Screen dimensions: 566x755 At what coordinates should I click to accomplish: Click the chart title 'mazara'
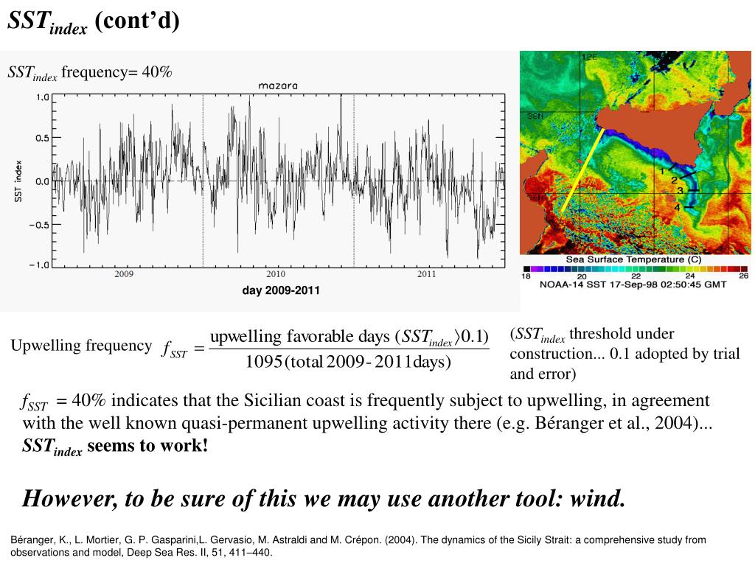[278, 86]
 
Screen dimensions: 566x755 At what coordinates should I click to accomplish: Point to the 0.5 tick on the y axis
[43, 138]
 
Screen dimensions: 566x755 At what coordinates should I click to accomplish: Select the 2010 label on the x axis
[276, 274]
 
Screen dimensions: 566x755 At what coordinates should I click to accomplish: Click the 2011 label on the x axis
[427, 274]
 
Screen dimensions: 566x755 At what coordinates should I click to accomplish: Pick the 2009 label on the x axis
[124, 274]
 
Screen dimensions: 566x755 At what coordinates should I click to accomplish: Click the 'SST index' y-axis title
[19, 181]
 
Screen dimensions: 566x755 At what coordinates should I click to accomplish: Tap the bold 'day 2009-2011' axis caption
[281, 290]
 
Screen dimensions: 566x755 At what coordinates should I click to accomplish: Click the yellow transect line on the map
[583, 170]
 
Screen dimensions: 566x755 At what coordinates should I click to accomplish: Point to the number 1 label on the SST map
[663, 171]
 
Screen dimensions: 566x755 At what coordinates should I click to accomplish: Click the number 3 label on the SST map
[681, 191]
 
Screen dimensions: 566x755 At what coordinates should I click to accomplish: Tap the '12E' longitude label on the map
[590, 57]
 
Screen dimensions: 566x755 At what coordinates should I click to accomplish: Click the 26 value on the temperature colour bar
[743, 276]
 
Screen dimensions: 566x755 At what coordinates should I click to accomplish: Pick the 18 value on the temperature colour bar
[526, 276]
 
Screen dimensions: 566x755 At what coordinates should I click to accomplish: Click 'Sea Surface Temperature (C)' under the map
[633, 259]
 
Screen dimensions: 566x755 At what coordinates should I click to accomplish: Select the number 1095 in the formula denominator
[265, 362]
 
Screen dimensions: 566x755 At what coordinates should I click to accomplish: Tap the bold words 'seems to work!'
[147, 446]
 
